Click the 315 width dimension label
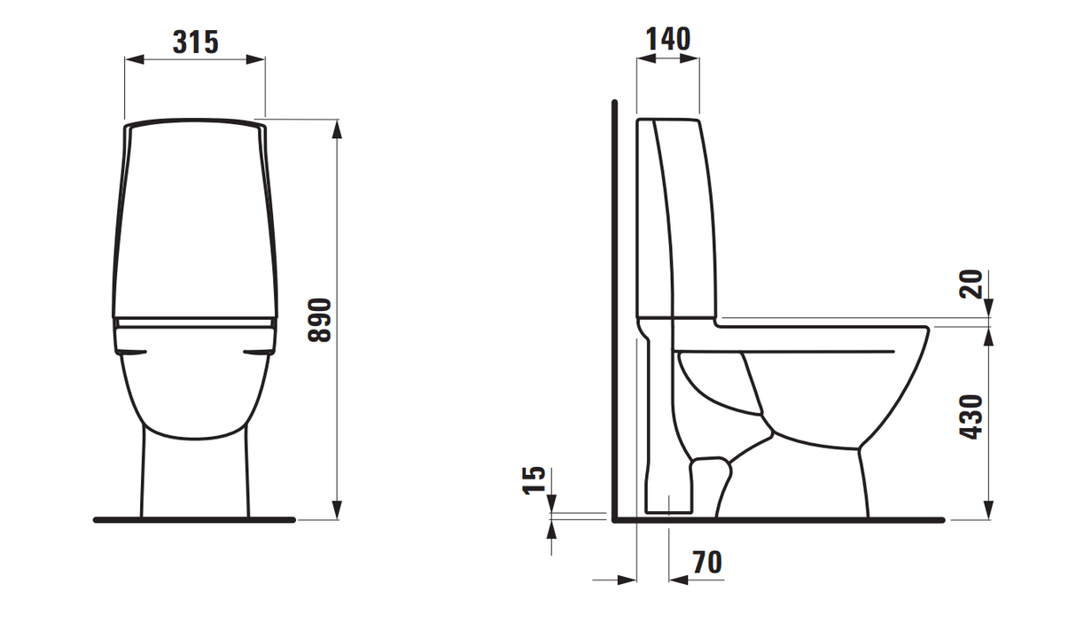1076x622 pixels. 194,41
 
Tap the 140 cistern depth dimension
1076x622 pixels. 667,39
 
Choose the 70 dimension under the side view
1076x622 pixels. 706,562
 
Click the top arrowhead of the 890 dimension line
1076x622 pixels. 337,128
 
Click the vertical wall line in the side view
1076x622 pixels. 612,310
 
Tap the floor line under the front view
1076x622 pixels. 194,519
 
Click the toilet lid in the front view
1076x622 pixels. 194,222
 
